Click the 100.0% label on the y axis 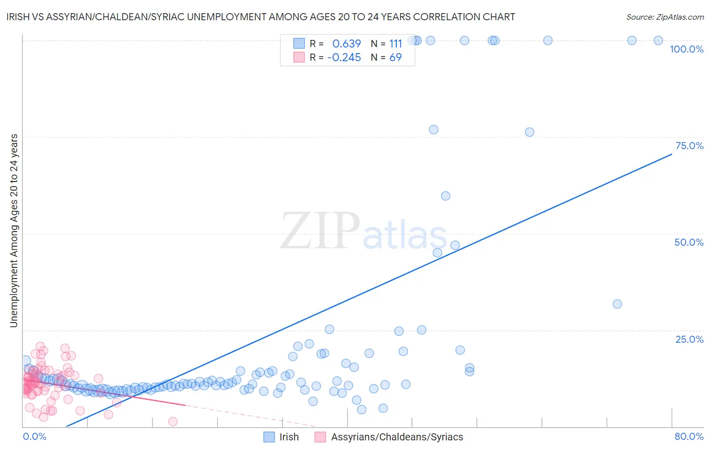pyautogui.click(x=686, y=49)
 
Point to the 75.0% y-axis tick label pyautogui.click(x=689, y=146)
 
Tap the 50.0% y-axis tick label pyautogui.click(x=689, y=242)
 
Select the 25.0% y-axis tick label pyautogui.click(x=689, y=339)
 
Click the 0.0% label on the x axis pyautogui.click(x=34, y=436)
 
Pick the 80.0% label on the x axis pyautogui.click(x=689, y=436)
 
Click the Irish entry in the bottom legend pyautogui.click(x=289, y=437)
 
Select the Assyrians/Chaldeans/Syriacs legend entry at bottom pyautogui.click(x=397, y=437)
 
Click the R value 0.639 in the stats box pyautogui.click(x=346, y=43)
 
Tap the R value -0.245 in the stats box pyautogui.click(x=344, y=58)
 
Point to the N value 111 pyautogui.click(x=395, y=43)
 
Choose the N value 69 pyautogui.click(x=395, y=58)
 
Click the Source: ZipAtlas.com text pyautogui.click(x=665, y=17)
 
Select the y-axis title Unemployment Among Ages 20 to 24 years pyautogui.click(x=14, y=231)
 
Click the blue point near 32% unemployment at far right pyautogui.click(x=617, y=304)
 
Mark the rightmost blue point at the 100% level pyautogui.click(x=658, y=40)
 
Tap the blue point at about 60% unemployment pyautogui.click(x=445, y=196)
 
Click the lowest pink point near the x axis pyautogui.click(x=173, y=421)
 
